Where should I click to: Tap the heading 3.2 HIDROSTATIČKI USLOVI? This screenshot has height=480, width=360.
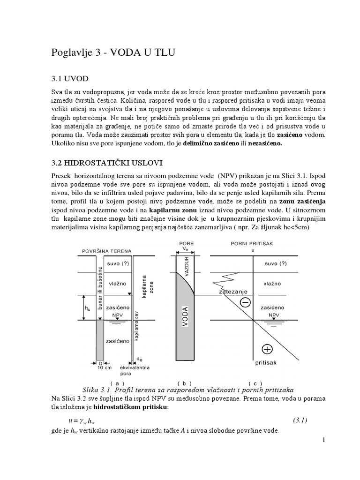coord(107,163)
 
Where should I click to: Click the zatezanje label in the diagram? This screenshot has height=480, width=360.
coord(233,292)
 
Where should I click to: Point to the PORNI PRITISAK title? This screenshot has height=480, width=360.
coord(252,244)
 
